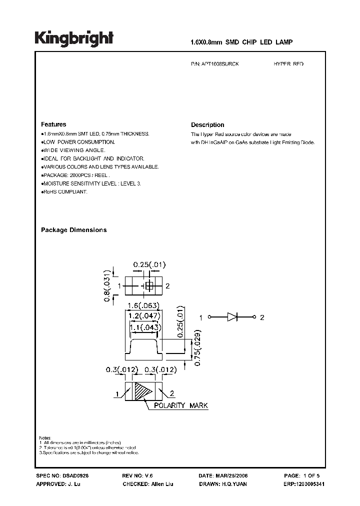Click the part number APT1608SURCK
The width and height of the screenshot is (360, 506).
[x=218, y=64]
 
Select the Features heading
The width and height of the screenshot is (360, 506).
[x=53, y=124]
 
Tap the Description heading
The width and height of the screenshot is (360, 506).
[x=207, y=125]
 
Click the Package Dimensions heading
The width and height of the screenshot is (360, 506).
[x=73, y=230]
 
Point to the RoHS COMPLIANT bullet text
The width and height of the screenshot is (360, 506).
[x=65, y=192]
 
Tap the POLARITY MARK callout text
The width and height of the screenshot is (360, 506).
[x=180, y=405]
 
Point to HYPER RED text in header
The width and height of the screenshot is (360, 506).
[x=288, y=64]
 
